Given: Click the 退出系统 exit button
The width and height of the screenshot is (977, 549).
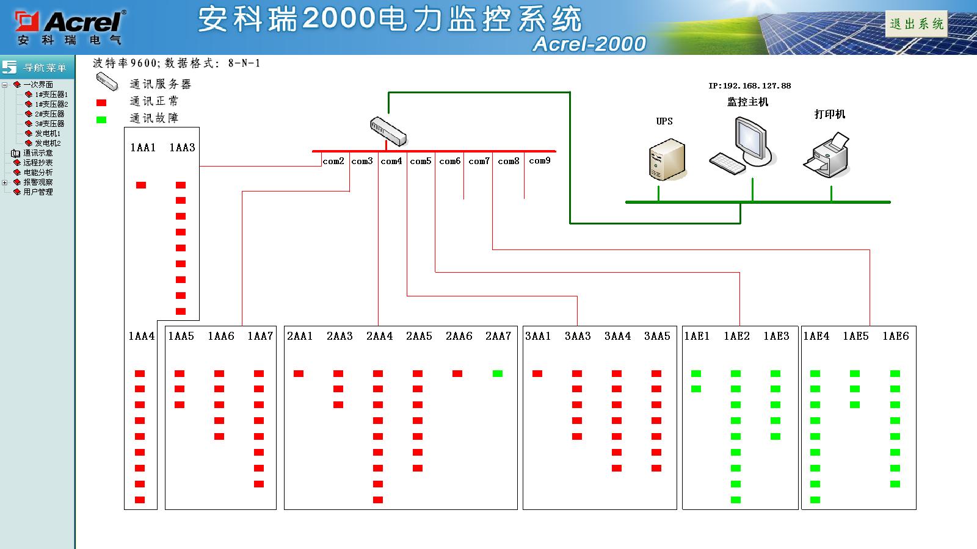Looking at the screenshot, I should (x=916, y=24).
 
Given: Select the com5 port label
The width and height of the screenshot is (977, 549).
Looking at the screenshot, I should (x=420, y=161).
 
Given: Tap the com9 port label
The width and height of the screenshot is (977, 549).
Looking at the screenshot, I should (x=539, y=160).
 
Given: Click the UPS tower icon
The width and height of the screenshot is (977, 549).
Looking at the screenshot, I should (x=667, y=159).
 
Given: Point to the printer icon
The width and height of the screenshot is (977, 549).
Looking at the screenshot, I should (x=827, y=156).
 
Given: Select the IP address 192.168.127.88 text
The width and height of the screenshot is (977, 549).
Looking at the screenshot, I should (x=749, y=86).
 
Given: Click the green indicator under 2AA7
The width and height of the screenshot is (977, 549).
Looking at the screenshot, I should (x=498, y=373).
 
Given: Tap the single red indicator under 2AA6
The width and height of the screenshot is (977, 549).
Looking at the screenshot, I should (x=457, y=373).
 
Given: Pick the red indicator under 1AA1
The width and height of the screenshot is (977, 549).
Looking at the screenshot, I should (x=141, y=185).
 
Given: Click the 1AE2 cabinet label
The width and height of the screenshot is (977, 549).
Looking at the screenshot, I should (x=736, y=336).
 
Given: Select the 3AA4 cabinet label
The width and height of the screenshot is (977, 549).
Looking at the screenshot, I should (x=617, y=336).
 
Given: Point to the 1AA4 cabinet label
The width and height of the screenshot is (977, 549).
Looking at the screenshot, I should (x=141, y=336).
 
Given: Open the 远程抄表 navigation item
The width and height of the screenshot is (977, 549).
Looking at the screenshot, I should (x=38, y=163).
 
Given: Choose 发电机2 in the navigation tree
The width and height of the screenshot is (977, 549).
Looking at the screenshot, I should (x=48, y=143).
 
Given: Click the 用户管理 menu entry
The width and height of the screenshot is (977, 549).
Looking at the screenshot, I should (x=38, y=192).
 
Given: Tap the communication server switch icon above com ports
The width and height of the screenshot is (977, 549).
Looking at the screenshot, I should (x=388, y=131).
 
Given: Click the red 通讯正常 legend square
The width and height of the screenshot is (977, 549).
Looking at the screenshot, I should (x=101, y=102).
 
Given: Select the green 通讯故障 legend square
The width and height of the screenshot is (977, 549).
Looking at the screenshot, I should (x=101, y=120).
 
